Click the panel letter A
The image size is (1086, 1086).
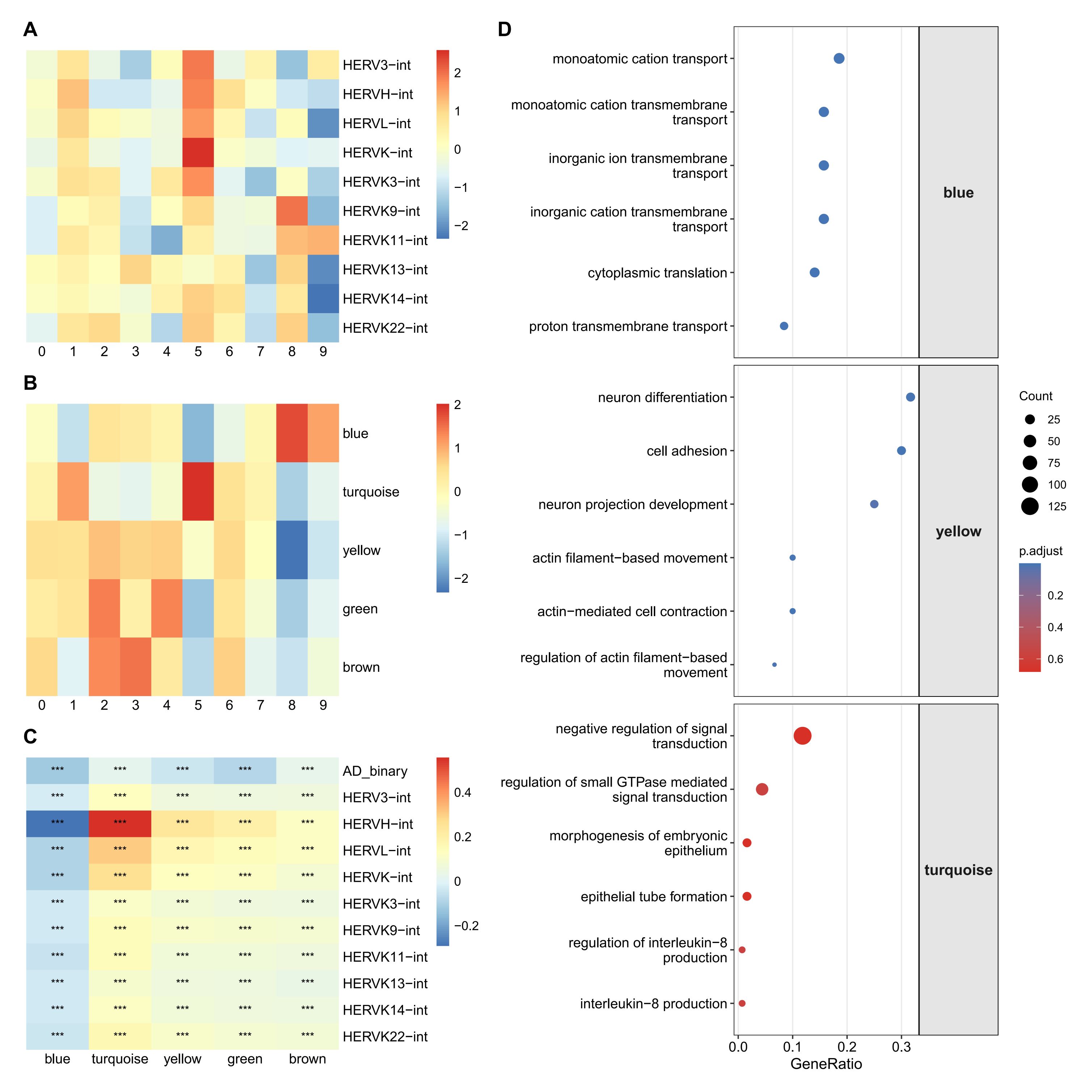[30, 29]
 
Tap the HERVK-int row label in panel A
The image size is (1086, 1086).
[377, 153]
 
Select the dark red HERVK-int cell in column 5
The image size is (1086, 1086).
[198, 152]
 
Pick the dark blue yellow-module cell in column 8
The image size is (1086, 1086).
[292, 550]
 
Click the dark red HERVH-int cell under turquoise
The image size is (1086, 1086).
[120, 824]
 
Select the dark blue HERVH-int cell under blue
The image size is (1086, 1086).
[57, 824]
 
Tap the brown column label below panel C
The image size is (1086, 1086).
[307, 1059]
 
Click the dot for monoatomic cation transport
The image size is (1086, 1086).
[839, 58]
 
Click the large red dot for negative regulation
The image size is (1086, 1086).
[802, 736]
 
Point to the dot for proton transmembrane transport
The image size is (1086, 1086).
[784, 326]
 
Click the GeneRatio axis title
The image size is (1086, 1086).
[826, 1064]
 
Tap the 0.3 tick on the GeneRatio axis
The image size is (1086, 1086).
[901, 1047]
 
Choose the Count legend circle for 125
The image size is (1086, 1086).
[1030, 506]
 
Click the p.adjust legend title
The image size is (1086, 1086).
[1040, 551]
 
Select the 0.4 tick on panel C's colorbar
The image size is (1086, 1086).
[463, 792]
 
